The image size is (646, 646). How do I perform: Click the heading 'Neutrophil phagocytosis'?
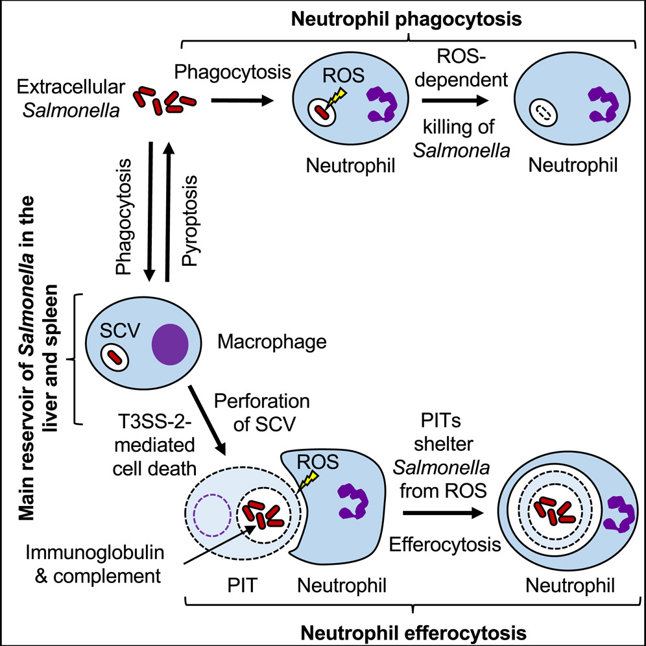click(407, 19)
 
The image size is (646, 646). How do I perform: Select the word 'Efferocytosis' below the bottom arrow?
click(444, 544)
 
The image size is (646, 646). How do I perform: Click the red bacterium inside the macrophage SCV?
click(115, 356)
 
